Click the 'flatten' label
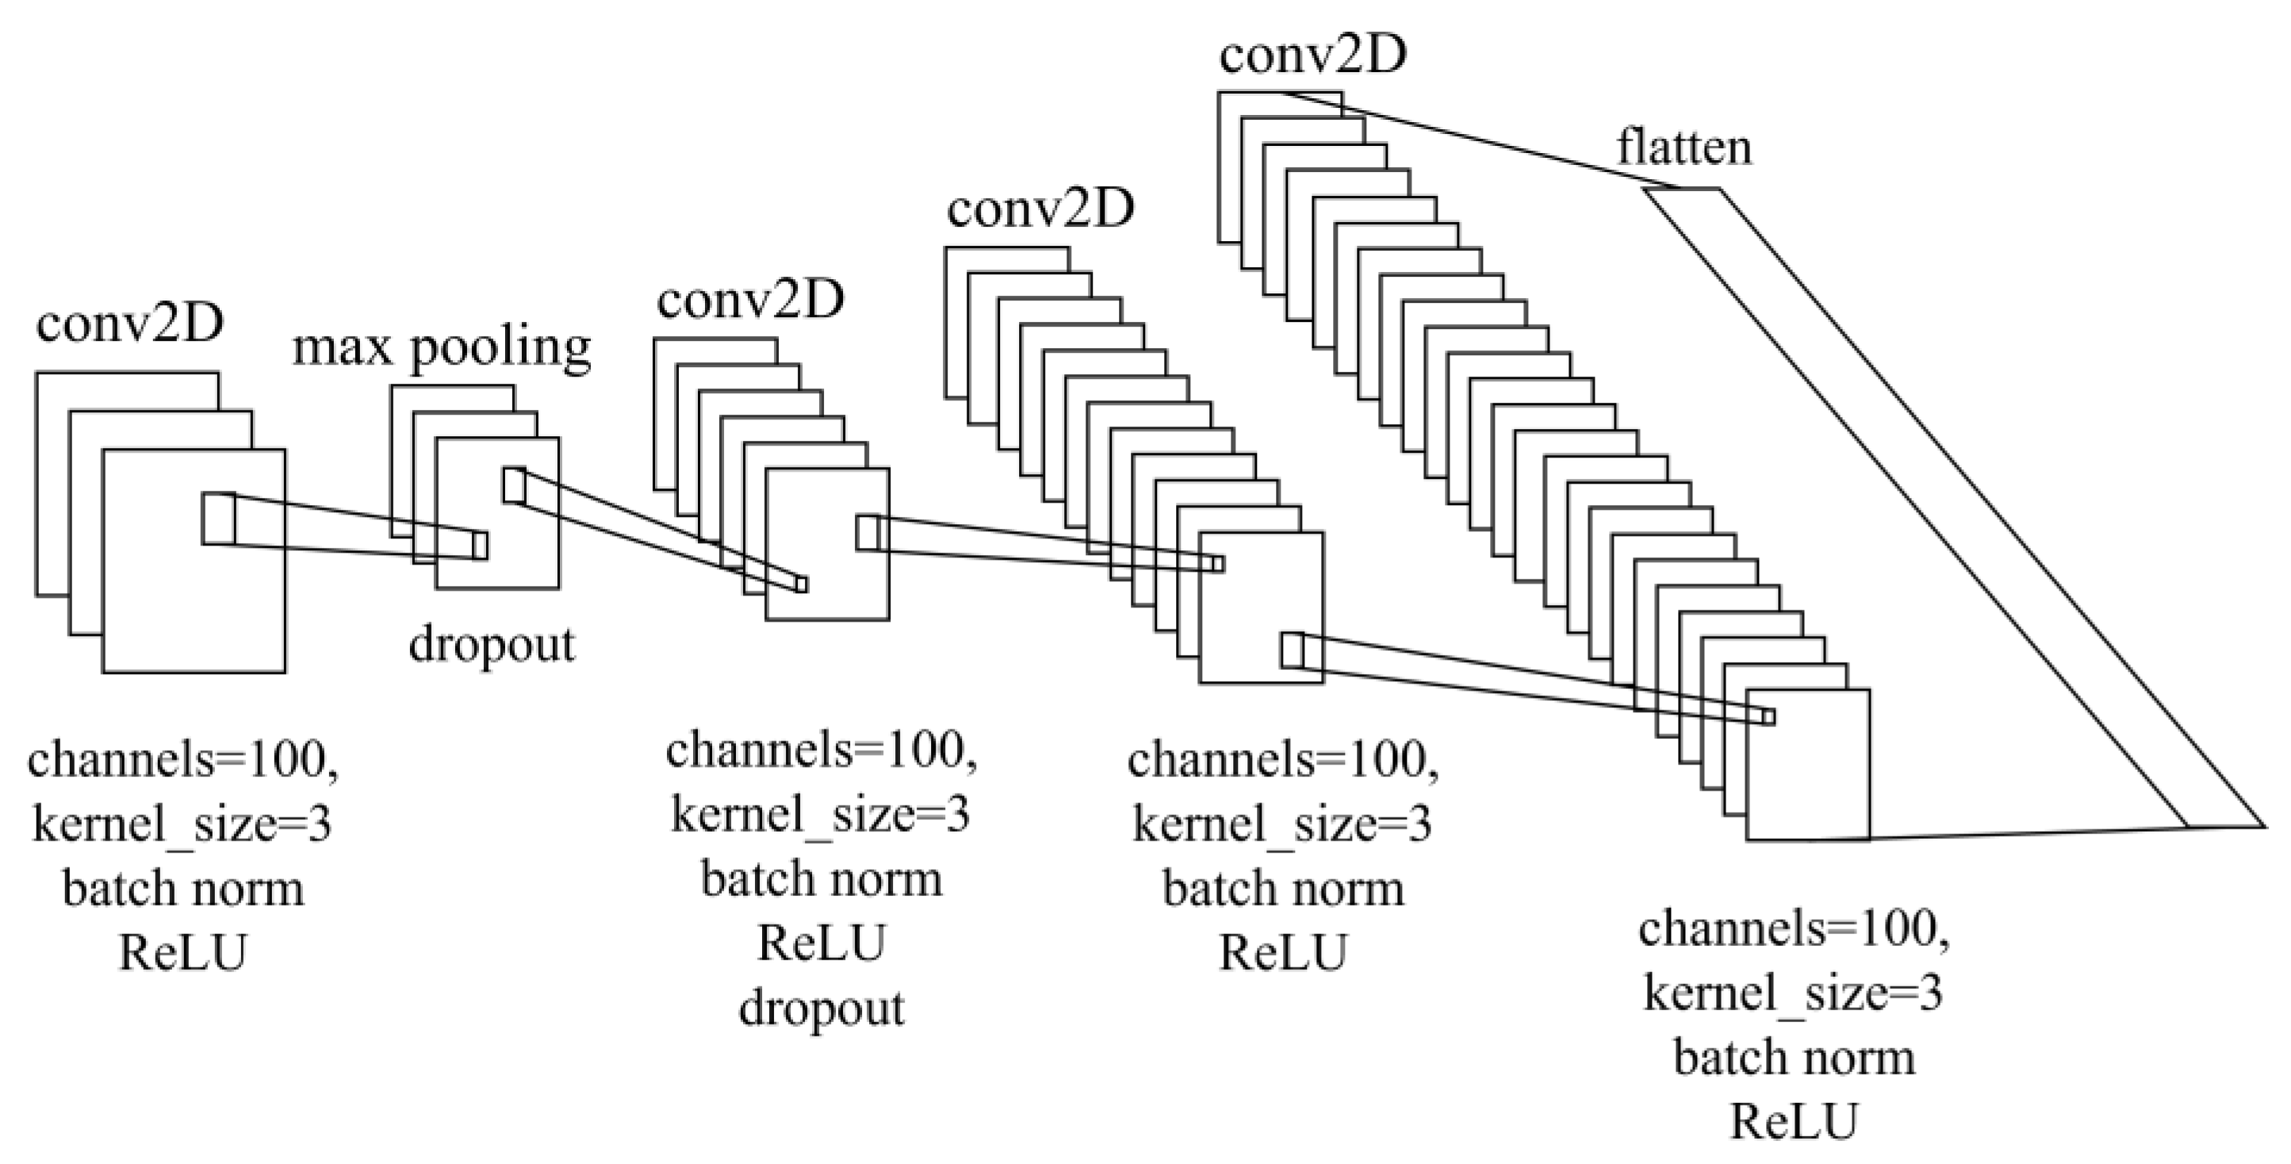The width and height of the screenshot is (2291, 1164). tap(1684, 147)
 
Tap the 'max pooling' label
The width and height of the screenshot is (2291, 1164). tap(442, 347)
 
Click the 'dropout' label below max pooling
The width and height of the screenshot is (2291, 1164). tap(492, 644)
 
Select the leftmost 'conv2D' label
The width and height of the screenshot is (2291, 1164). tap(130, 324)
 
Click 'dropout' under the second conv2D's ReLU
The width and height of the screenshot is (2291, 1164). tap(822, 1008)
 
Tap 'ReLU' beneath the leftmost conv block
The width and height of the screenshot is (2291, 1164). tap(182, 952)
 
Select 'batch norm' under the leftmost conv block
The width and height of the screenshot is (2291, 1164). tap(183, 888)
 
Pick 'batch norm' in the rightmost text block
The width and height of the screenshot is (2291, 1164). tap(1794, 1057)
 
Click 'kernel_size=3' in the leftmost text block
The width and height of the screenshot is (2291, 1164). tap(182, 825)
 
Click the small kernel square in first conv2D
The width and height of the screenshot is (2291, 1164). tap(218, 518)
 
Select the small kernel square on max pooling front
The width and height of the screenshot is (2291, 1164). tap(514, 485)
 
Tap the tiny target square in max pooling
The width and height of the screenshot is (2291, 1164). tap(481, 545)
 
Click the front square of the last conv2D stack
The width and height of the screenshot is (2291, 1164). tap(1807, 764)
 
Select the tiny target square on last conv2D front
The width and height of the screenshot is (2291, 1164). tap(1769, 717)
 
